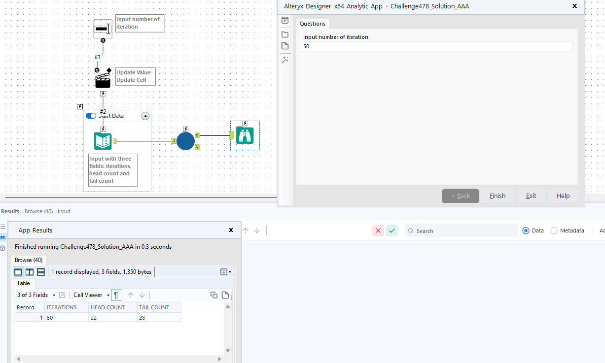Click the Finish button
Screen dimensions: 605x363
click(498, 196)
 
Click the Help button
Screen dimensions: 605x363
click(563, 196)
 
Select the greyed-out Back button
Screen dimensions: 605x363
click(460, 196)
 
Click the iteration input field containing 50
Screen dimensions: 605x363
click(437, 46)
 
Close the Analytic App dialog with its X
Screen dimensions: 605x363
click(574, 6)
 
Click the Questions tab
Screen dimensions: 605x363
click(313, 24)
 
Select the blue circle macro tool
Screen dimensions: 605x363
click(185, 141)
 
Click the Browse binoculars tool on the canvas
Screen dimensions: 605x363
click(245, 135)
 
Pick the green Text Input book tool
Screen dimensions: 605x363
click(103, 141)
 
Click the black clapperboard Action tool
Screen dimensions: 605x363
click(103, 80)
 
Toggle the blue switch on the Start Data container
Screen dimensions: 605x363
click(91, 116)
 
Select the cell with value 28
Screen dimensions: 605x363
click(159, 318)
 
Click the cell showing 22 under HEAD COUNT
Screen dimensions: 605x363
click(113, 318)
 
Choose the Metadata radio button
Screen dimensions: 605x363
click(554, 231)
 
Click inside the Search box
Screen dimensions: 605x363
click(463, 231)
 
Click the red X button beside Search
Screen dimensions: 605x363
click(378, 231)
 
